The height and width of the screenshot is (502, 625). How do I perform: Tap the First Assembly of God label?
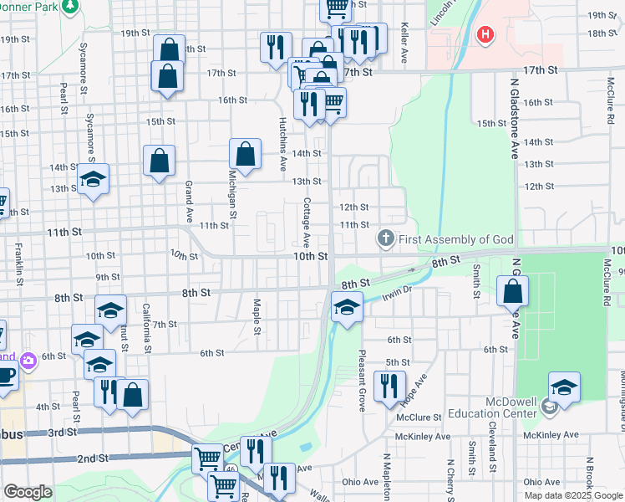[455, 240]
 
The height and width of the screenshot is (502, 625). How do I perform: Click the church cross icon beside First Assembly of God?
[386, 239]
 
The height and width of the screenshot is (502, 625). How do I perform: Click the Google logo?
[28, 492]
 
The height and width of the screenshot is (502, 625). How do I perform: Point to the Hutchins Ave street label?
[282, 139]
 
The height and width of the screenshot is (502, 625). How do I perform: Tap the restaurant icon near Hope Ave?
[389, 387]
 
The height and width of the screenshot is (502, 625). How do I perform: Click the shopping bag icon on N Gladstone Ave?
[512, 292]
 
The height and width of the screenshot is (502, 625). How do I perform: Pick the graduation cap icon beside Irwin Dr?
[346, 307]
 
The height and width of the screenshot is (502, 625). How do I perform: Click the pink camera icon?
[29, 361]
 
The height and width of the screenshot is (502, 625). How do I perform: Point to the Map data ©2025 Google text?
[573, 495]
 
